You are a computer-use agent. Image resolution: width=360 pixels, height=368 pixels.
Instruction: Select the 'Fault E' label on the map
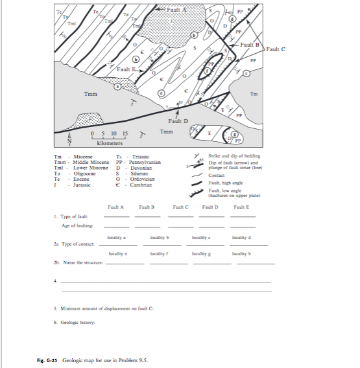(x=127, y=69)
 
